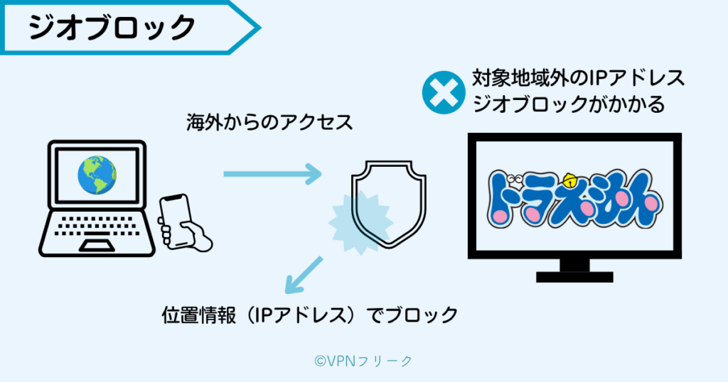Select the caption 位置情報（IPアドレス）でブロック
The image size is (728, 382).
309,315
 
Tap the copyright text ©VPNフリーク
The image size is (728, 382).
363,361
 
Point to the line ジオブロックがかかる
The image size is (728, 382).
568,104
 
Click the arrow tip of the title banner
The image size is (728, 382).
257,28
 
